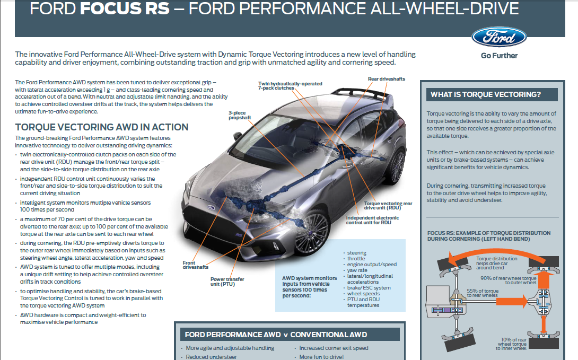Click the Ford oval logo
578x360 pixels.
click(x=499, y=37)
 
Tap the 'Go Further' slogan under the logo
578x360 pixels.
click(x=499, y=56)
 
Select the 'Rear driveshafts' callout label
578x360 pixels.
click(x=387, y=79)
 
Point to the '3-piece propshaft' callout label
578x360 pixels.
click(x=240, y=116)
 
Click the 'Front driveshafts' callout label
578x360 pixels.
click(x=195, y=265)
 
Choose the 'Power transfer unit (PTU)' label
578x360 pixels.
click(x=227, y=282)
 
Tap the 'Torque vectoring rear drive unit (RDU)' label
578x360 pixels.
click(x=388, y=206)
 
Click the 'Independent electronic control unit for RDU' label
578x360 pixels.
click(x=372, y=221)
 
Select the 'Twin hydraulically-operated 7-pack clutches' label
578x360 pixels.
click(x=290, y=86)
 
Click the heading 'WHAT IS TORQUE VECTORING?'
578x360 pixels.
click(x=486, y=95)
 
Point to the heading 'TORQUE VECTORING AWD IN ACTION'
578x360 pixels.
click(x=102, y=127)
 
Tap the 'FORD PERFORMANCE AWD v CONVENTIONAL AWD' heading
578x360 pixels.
click(x=276, y=335)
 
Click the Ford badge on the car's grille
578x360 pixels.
click(x=211, y=207)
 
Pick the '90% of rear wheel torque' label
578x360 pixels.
click(x=509, y=280)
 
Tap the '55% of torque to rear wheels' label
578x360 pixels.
click(x=483, y=293)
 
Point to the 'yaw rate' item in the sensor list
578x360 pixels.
click(x=357, y=270)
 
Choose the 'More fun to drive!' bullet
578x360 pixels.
click(x=321, y=357)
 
